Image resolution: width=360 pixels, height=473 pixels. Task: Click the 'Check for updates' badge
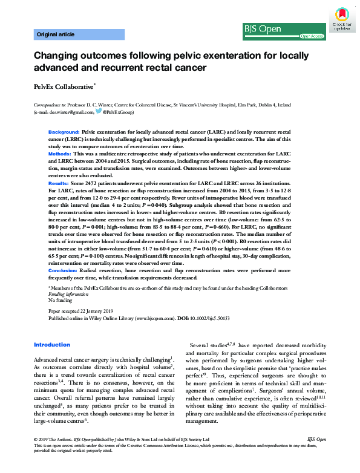click(x=343, y=20)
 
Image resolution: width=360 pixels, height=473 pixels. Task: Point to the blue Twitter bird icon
click(x=98, y=112)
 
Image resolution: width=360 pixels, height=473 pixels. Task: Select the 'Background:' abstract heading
click(x=64, y=132)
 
